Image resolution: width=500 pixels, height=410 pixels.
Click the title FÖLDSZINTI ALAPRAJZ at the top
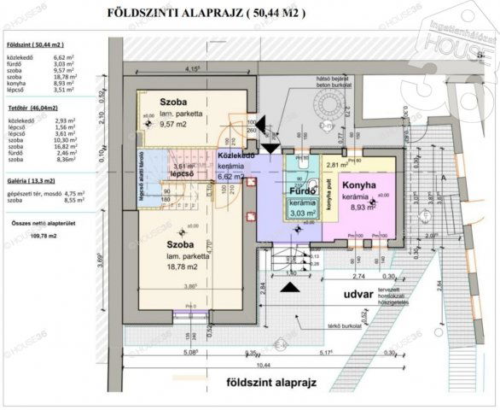(x=203, y=14)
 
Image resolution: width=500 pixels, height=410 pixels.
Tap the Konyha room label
(x=359, y=184)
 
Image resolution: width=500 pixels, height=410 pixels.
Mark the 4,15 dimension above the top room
(x=192, y=69)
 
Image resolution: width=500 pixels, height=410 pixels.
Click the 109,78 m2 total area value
(x=38, y=233)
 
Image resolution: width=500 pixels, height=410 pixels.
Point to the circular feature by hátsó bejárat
(x=326, y=107)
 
